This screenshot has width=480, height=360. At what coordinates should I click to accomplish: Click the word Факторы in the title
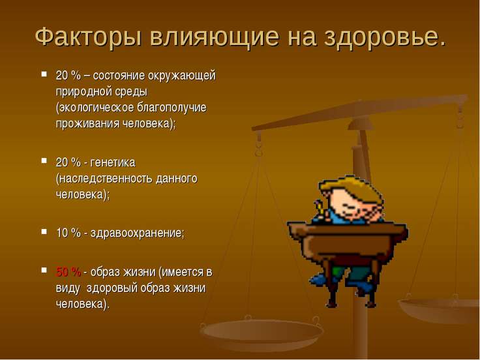pos(89,37)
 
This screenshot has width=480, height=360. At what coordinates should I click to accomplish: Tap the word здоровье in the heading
pos(382,37)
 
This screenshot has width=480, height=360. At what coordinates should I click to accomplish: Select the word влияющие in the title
pos(215,37)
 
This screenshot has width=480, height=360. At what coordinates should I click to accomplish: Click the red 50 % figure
pos(68,271)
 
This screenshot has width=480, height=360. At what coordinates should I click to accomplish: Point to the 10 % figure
pos(68,233)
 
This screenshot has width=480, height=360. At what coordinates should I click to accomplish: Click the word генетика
pos(113,162)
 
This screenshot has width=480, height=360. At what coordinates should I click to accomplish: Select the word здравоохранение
pos(137,233)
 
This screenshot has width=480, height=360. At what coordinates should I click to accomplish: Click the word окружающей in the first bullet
pos(182,76)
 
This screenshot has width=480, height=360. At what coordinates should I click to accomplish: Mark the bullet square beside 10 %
pos(44,231)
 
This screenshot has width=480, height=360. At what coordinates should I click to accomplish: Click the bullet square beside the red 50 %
pos(44,270)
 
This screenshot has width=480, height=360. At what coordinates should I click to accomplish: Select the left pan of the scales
pos(261,332)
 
